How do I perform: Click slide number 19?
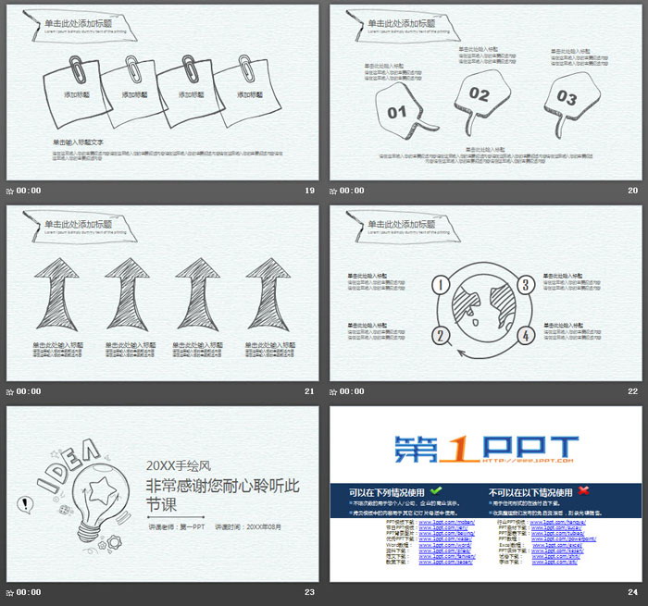(310, 191)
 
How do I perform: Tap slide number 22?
(633, 391)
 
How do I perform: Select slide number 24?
(633, 592)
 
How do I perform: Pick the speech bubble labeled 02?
(480, 93)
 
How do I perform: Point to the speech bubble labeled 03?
(567, 98)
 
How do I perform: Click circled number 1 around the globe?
(441, 284)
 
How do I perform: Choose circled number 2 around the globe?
(441, 335)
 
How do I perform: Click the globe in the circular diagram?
(483, 309)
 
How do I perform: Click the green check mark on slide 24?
(436, 490)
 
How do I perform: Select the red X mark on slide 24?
(583, 490)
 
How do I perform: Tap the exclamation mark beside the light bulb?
(24, 505)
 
